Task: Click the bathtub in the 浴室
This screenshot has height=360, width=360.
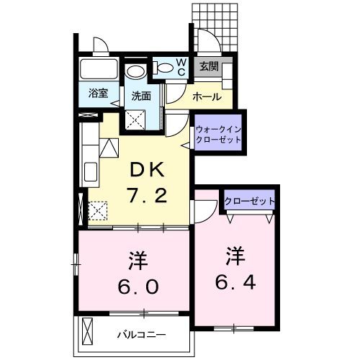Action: click(x=98, y=70)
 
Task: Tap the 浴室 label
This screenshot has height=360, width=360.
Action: click(x=98, y=93)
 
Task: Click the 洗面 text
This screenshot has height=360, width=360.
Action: click(x=140, y=94)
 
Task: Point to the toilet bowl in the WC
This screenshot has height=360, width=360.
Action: click(x=164, y=69)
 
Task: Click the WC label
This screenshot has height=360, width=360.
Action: click(x=181, y=67)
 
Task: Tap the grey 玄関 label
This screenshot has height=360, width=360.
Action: click(x=209, y=66)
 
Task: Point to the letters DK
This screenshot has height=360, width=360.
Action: click(x=148, y=169)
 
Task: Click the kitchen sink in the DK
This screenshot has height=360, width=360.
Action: click(x=92, y=174)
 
